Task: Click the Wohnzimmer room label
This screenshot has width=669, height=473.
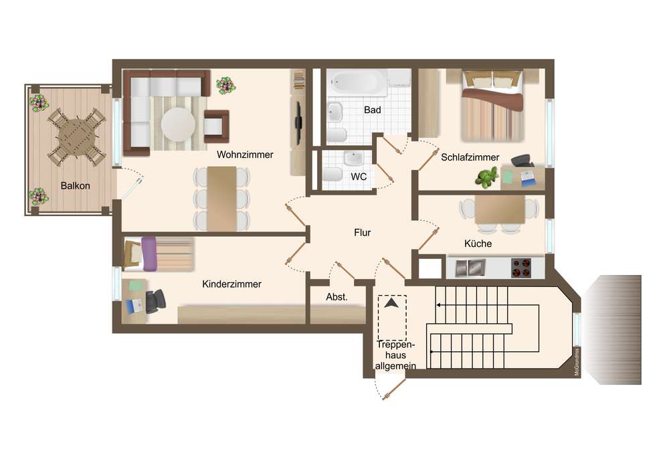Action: [245, 155]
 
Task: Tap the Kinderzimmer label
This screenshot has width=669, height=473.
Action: [231, 284]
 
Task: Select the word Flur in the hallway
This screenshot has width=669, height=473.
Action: [362, 232]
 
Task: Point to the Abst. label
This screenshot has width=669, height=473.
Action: [337, 297]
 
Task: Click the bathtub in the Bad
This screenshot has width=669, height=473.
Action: [357, 83]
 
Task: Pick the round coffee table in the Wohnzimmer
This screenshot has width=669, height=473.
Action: [178, 124]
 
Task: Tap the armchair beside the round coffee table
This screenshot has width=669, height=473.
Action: [216, 126]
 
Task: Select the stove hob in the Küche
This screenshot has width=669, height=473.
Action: [521, 268]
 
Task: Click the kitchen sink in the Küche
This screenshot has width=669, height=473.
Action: [470, 268]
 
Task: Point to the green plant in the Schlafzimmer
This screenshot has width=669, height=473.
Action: [486, 177]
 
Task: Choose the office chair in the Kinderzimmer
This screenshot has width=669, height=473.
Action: [155, 301]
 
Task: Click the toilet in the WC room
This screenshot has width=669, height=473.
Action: [332, 175]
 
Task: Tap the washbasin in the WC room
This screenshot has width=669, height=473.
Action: [354, 159]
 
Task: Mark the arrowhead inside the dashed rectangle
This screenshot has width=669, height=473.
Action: [391, 303]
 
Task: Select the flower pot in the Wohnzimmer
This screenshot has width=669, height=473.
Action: [225, 86]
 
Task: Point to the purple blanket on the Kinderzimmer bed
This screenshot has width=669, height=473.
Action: [149, 254]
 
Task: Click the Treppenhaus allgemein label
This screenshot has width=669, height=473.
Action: [395, 355]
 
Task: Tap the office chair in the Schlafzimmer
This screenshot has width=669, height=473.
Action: [522, 161]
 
